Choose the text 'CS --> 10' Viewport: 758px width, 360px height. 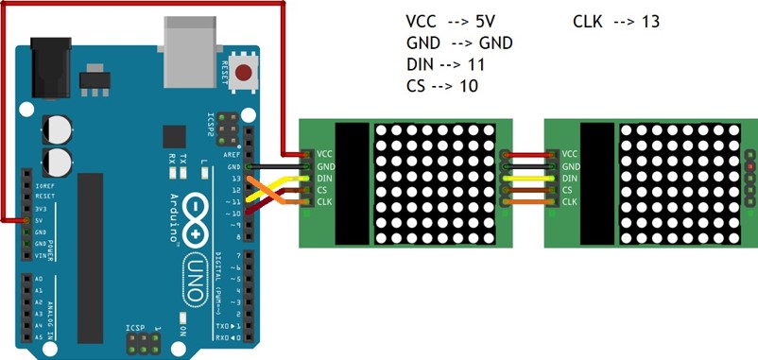coord(441,86)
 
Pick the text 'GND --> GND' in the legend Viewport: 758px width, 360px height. coord(459,43)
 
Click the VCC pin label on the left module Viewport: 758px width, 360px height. coord(324,153)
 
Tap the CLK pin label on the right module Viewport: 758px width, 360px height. coord(570,200)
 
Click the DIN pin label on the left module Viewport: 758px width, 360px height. coord(324,177)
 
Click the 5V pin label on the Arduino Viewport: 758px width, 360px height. coord(37,221)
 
